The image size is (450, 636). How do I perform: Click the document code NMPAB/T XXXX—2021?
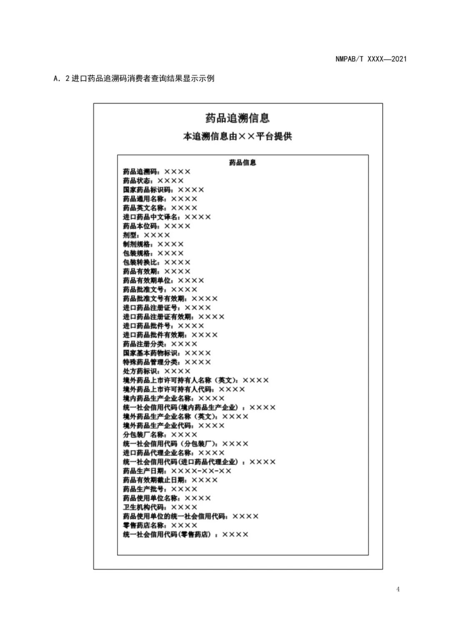click(x=371, y=59)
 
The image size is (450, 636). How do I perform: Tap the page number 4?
click(x=398, y=589)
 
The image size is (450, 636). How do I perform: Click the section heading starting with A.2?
click(x=134, y=78)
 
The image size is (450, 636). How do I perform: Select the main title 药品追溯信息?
click(x=237, y=118)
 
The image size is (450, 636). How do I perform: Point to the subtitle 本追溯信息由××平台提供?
click(x=237, y=136)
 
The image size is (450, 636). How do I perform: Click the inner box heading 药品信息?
click(x=242, y=162)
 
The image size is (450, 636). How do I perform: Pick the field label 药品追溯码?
click(x=140, y=172)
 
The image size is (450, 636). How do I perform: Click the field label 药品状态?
click(x=136, y=181)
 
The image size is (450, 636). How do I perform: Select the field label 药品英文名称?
click(x=143, y=208)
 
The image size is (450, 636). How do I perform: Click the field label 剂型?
click(x=130, y=235)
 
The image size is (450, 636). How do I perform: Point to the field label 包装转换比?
click(x=140, y=262)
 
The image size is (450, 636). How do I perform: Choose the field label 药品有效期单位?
click(x=146, y=281)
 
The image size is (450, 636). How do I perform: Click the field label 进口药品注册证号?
click(x=150, y=308)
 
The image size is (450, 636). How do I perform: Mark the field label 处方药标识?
click(x=140, y=371)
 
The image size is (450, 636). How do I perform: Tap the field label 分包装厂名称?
click(x=143, y=435)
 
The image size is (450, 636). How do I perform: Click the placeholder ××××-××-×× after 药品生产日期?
click(x=201, y=471)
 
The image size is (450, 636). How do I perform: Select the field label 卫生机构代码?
click(x=143, y=507)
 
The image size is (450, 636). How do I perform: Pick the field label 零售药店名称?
click(x=143, y=526)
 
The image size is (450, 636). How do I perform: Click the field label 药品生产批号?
click(x=143, y=489)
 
